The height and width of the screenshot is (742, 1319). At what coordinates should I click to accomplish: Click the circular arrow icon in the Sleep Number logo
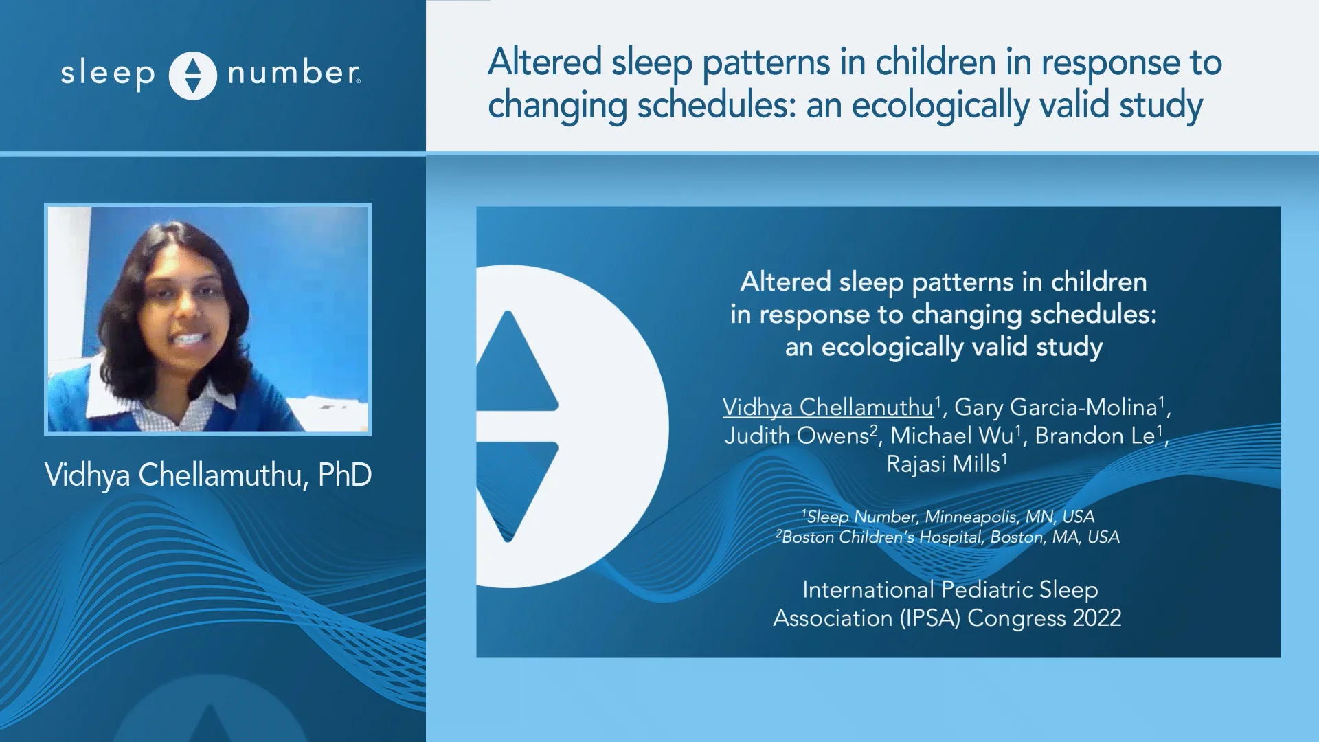(x=193, y=76)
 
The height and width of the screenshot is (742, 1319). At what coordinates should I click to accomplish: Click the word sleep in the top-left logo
(x=108, y=74)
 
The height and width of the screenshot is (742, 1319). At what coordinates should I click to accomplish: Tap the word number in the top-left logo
(x=293, y=73)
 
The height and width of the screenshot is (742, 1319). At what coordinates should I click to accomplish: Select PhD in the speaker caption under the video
(x=345, y=475)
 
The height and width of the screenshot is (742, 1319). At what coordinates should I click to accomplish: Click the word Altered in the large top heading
(x=545, y=62)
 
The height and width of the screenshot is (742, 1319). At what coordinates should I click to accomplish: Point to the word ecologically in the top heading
(x=940, y=106)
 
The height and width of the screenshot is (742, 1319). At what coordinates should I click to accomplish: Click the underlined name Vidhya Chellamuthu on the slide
(x=828, y=407)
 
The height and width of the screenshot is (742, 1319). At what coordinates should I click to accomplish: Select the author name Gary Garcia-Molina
(x=1056, y=407)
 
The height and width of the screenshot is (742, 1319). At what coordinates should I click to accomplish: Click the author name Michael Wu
(x=951, y=436)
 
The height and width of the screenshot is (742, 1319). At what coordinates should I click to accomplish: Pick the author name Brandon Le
(x=1095, y=436)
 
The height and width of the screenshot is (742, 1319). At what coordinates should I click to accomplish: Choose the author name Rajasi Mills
(x=943, y=464)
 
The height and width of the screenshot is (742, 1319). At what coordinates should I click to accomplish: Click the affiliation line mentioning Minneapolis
(x=948, y=517)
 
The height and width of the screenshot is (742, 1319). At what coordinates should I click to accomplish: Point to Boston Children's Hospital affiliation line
(x=948, y=537)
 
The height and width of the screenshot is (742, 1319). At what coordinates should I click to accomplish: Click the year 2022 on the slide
(x=1096, y=618)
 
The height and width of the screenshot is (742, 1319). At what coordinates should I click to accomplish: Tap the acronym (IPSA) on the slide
(x=930, y=618)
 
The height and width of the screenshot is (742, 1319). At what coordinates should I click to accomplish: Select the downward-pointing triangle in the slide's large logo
(x=512, y=488)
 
